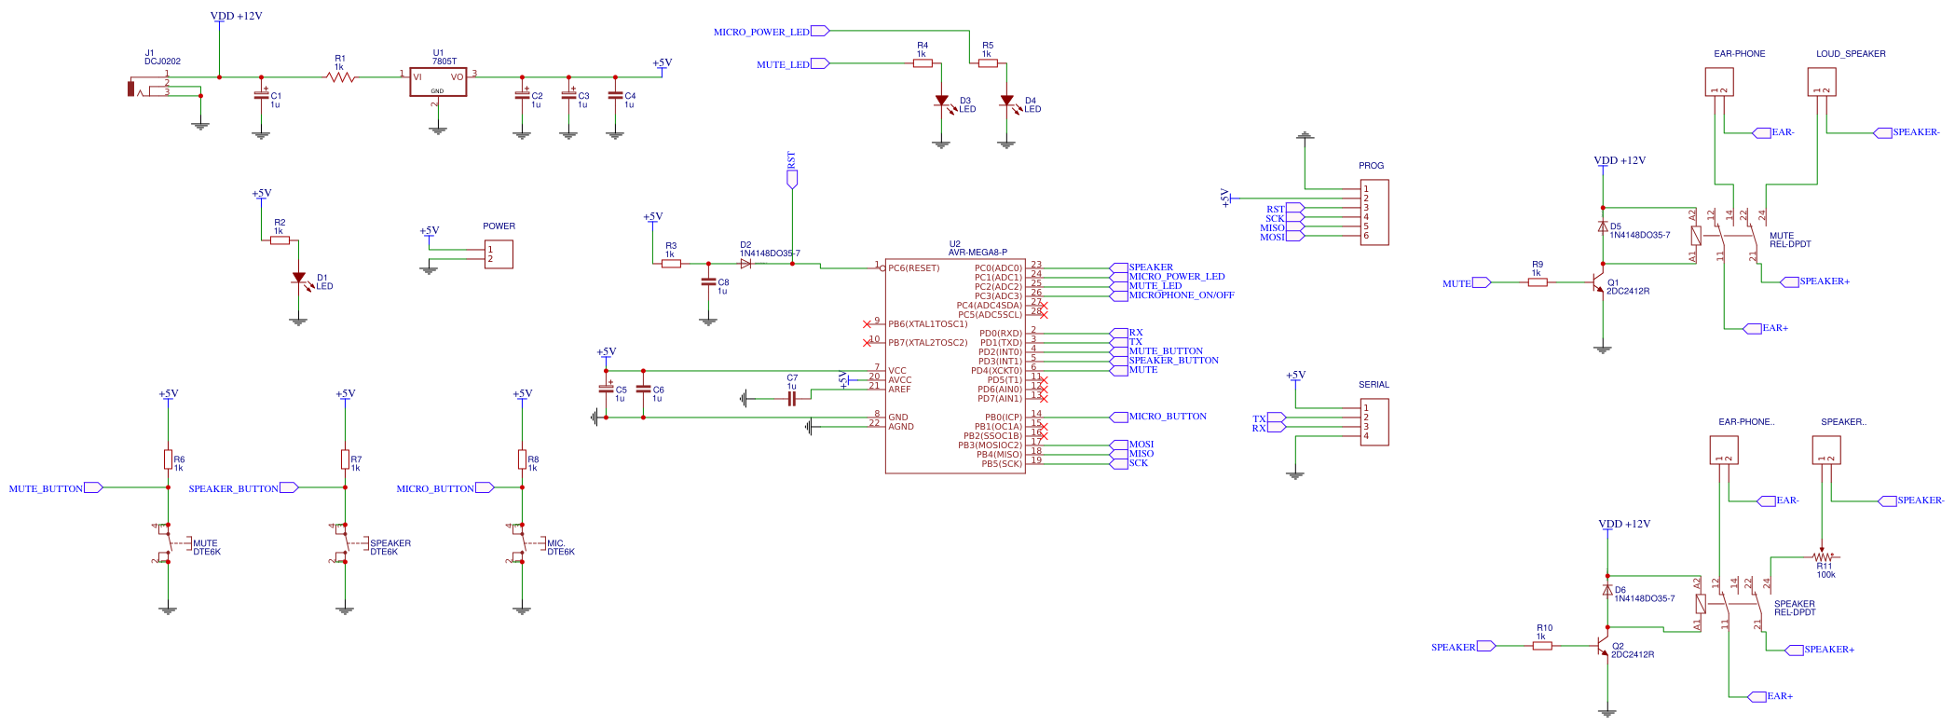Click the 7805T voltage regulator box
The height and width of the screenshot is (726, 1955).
438,82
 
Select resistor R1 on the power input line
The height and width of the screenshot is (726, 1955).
341,77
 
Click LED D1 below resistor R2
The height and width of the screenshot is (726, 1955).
298,279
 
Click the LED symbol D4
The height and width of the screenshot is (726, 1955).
1006,102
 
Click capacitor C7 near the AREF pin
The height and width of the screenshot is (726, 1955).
792,399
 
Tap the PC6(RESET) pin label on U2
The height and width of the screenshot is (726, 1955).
914,268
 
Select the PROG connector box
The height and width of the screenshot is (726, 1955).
1374,212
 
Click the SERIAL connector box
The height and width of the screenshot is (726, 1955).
1374,422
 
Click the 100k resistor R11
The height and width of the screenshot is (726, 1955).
1822,557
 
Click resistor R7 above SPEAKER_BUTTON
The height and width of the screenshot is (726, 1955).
345,459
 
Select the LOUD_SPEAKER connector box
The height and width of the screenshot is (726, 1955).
1822,83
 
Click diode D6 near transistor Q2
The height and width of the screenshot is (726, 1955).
1607,590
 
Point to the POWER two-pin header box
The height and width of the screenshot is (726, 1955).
499,254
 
